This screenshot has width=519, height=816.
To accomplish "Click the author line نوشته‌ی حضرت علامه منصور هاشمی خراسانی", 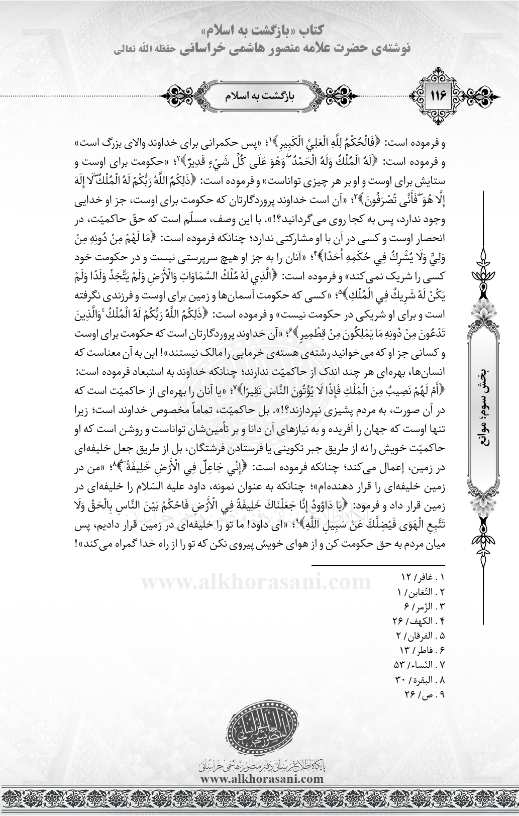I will click(x=259, y=49).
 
